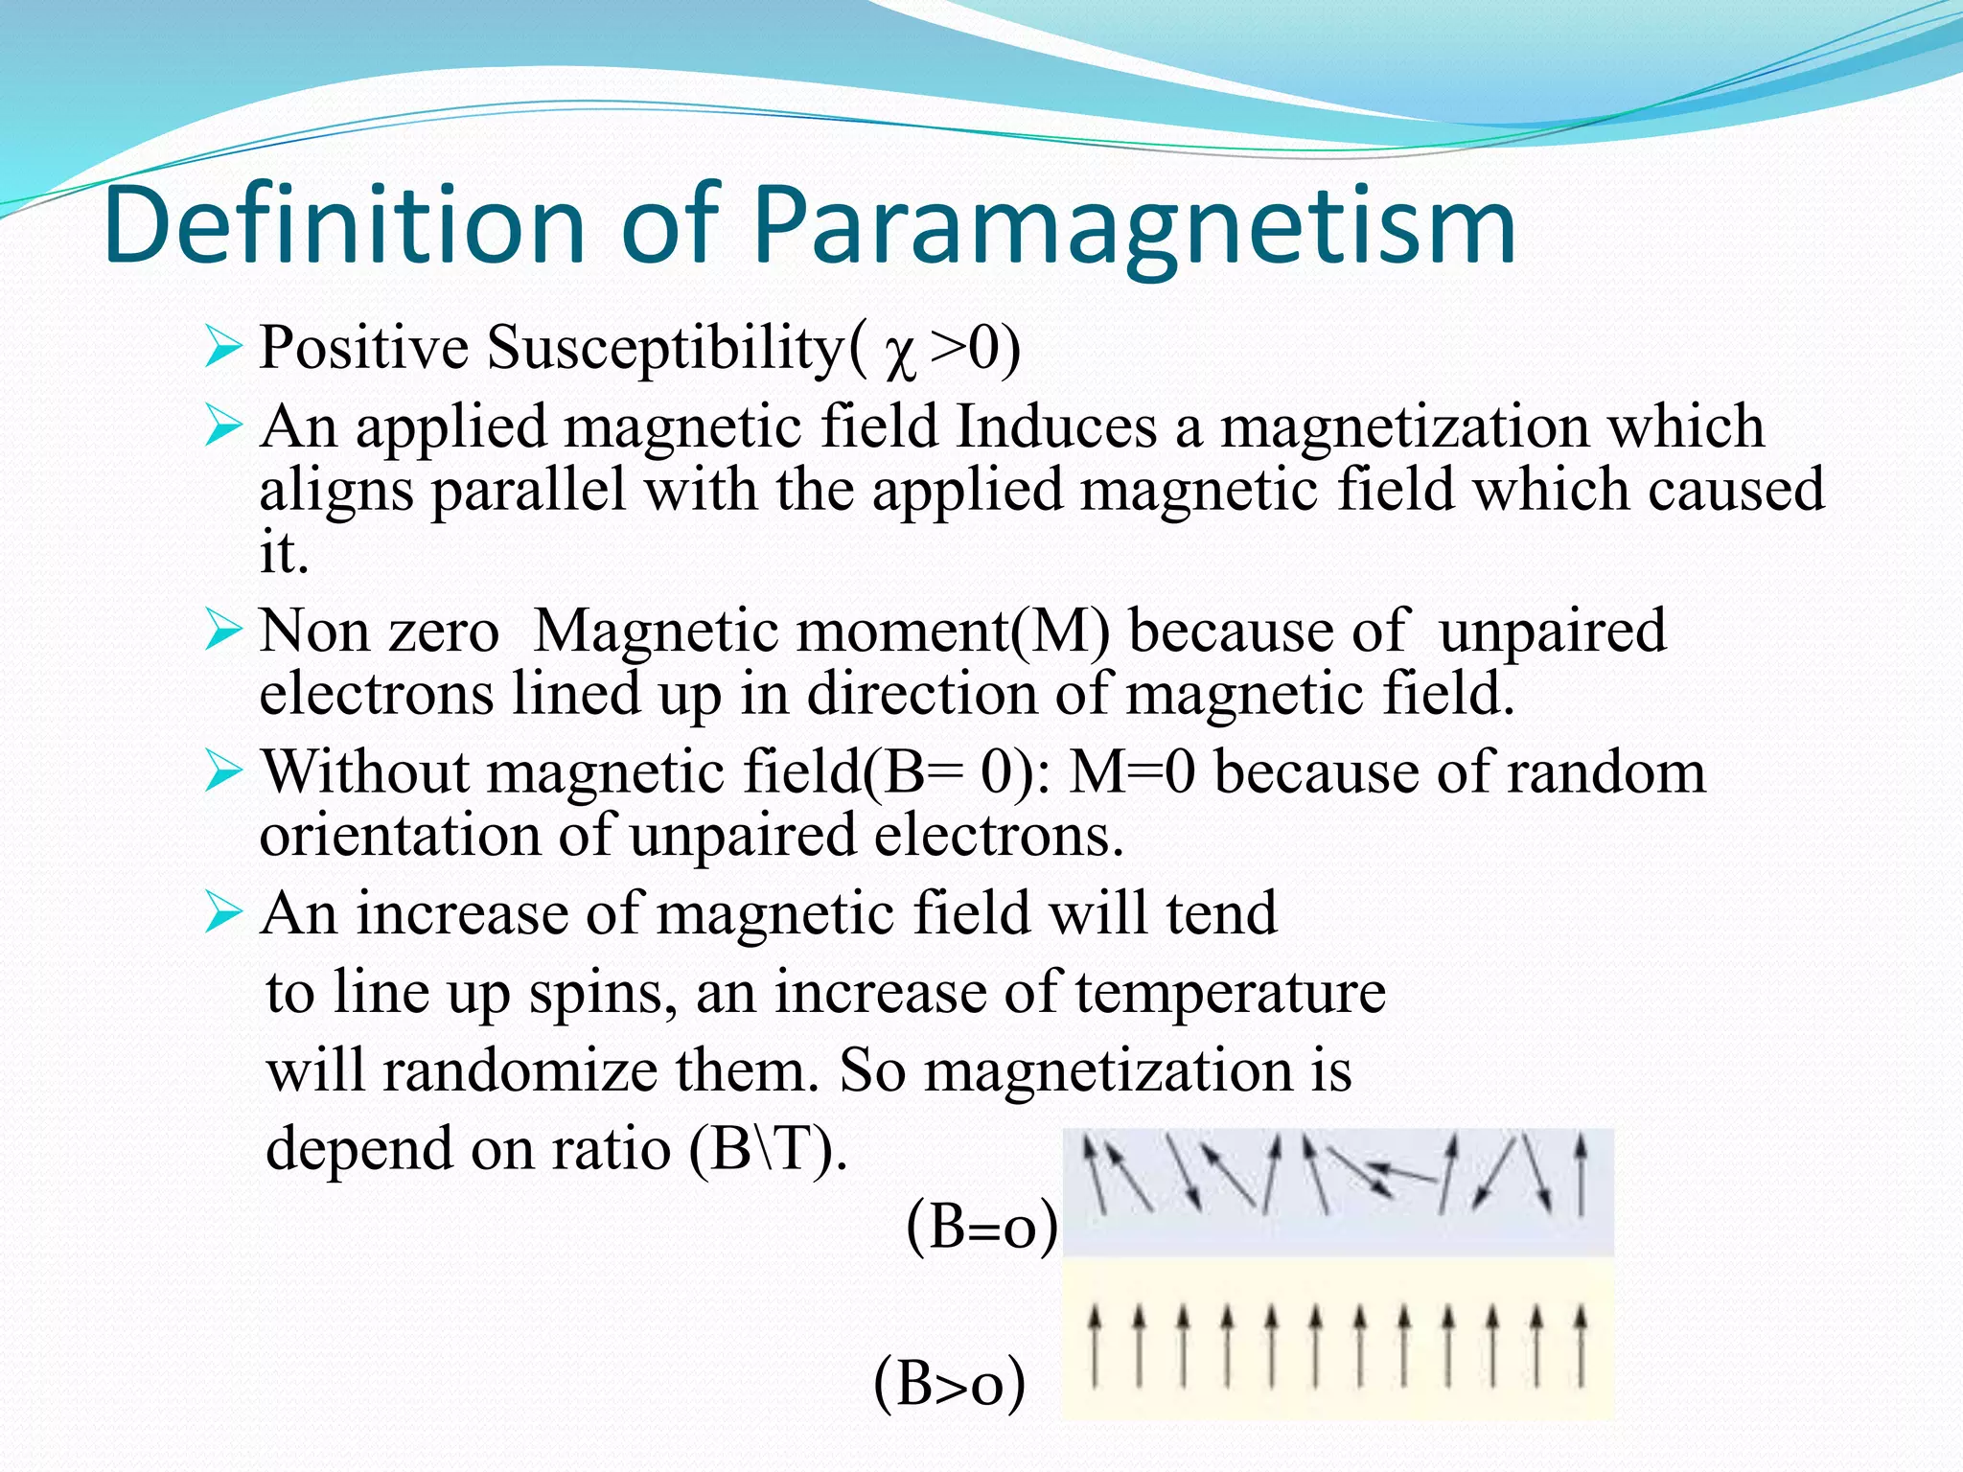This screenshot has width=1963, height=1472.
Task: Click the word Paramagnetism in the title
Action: tap(1134, 227)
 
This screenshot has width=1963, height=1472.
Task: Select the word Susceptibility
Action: tap(664, 347)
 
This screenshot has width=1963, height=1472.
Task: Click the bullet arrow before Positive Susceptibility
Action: tap(222, 347)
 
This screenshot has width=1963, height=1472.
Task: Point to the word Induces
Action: tap(1056, 426)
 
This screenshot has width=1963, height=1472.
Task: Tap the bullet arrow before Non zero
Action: tap(222, 632)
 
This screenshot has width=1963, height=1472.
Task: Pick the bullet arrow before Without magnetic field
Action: tap(222, 772)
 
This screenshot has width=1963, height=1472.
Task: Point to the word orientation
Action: tap(400, 836)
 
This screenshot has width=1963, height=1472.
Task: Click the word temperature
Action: tap(1230, 992)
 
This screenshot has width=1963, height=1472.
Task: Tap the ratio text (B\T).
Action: tap(768, 1149)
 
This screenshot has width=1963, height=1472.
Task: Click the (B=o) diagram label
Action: tap(982, 1227)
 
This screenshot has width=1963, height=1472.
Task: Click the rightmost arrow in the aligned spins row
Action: tap(1581, 1345)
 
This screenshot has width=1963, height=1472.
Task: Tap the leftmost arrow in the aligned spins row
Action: tap(1094, 1345)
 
